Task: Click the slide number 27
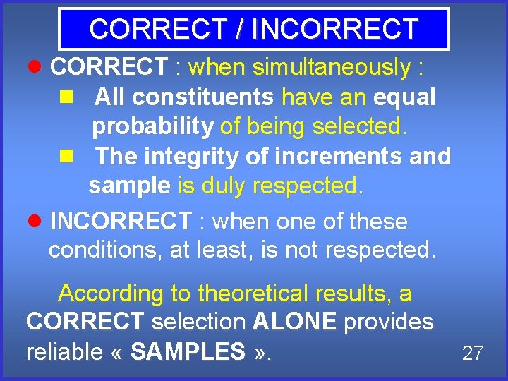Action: coord(472,353)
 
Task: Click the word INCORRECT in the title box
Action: coord(335,29)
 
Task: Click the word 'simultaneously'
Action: coord(331,68)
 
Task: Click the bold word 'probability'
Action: coord(152,127)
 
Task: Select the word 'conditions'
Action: coord(105,250)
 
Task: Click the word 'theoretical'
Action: coord(254,293)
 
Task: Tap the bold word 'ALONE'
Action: coord(294,322)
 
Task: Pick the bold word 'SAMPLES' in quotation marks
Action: coord(188,351)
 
